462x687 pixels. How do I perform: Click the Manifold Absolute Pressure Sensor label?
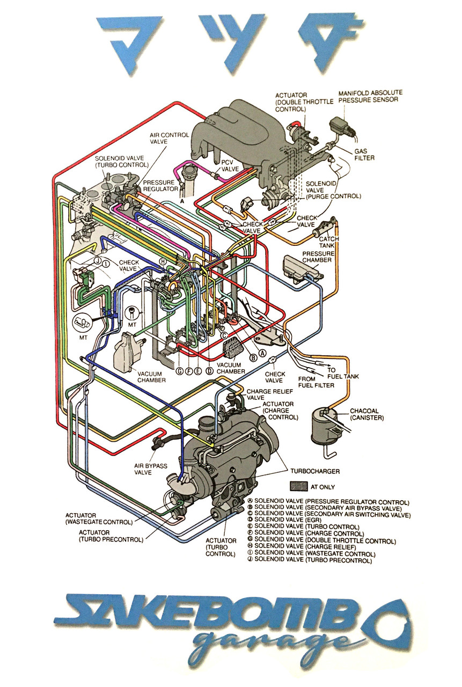pos(370,96)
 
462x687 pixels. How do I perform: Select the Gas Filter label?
pos(364,154)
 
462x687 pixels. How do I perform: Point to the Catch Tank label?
pos(329,242)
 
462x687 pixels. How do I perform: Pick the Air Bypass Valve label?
pos(151,469)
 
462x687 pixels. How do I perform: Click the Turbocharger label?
pos(315,471)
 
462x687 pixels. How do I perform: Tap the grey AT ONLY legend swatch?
pos(298,486)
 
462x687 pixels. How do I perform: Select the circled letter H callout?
pos(163,261)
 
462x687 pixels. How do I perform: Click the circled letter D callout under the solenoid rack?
pos(209,371)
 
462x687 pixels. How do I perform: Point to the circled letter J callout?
pos(98,261)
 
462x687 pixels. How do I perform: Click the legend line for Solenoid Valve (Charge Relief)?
pos(302,546)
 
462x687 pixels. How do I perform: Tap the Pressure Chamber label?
pos(318,257)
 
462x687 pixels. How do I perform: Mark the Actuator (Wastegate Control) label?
pos(99,518)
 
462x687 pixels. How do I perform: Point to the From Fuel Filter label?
pos(316,382)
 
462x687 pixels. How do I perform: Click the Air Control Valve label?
pos(169,138)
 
